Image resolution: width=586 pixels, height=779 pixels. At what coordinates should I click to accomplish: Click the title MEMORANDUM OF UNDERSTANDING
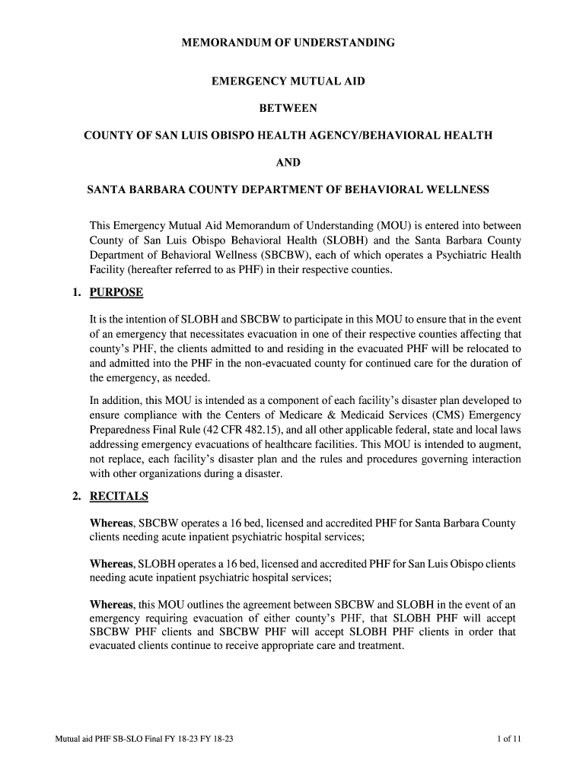coord(288,43)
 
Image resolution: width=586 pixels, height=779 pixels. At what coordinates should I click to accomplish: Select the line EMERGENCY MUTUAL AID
coord(288,81)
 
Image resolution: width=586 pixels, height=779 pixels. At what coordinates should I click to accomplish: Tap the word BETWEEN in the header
coord(288,108)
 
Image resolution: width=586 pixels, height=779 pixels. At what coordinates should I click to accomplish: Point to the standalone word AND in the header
coord(288,162)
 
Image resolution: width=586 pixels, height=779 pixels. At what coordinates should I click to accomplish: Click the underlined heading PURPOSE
coord(116,292)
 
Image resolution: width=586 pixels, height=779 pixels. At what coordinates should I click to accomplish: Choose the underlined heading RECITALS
coord(119,497)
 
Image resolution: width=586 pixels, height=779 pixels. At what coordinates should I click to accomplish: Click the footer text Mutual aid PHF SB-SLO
coord(104,739)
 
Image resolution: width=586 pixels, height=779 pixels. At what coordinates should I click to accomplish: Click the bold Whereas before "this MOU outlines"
coord(111,604)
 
